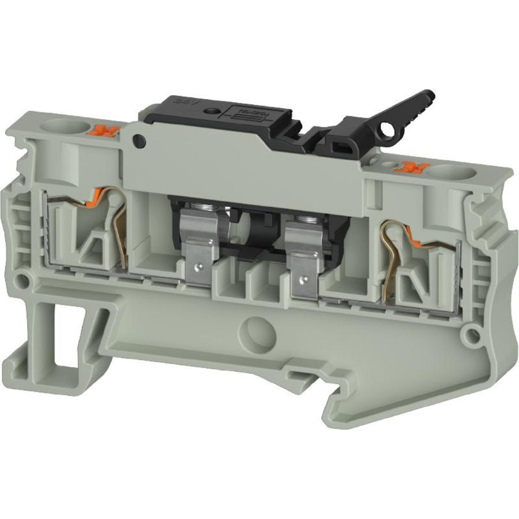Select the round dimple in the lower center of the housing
[253, 331]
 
